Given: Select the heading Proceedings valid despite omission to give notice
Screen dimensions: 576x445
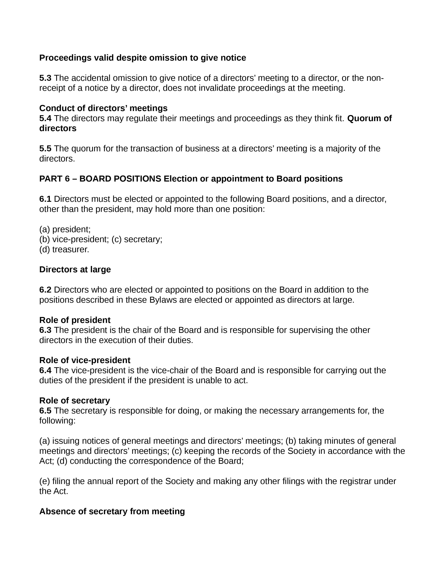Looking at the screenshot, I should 142,58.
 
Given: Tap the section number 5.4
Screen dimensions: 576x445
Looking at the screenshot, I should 45,118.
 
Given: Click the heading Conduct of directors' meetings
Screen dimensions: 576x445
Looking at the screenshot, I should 103,108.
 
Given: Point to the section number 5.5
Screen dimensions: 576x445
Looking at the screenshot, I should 45,149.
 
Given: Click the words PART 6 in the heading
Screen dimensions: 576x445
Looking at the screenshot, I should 54,179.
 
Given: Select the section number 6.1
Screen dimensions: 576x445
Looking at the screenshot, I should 45,199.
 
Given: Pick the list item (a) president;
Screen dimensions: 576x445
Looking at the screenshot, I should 65,230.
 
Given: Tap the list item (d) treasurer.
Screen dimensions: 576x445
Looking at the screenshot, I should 64,249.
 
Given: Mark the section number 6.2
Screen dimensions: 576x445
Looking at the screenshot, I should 45,290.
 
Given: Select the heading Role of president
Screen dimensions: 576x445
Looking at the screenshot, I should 75,320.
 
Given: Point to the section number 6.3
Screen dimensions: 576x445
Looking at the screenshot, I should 45,330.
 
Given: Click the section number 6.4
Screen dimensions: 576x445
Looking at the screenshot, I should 45,371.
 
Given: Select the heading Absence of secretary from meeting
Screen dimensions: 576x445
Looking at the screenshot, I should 112,511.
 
